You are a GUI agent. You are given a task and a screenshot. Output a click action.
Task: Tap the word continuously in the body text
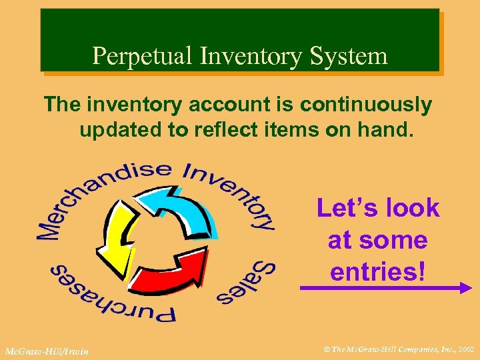click(365, 105)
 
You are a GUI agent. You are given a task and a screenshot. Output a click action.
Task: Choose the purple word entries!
click(377, 271)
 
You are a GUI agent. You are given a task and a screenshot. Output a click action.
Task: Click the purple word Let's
click(346, 209)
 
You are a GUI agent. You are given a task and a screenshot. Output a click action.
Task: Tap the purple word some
click(395, 239)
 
